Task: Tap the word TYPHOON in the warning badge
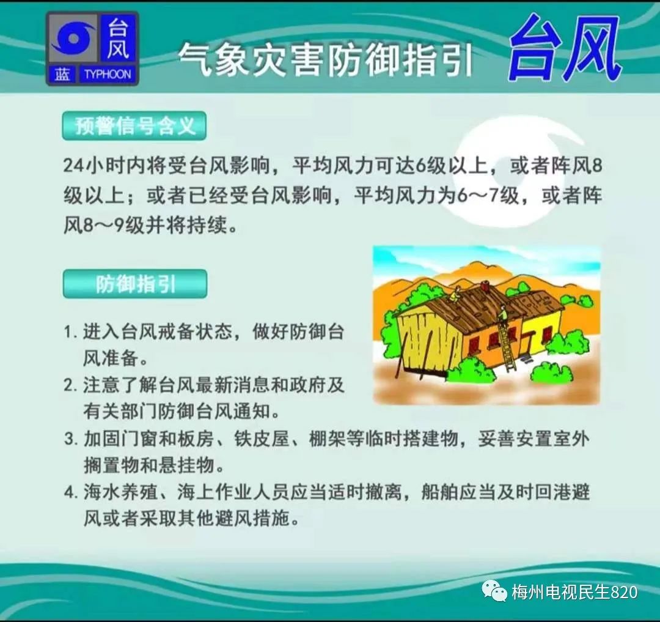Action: click(108, 75)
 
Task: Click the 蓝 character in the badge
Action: click(62, 75)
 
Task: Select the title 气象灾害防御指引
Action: click(325, 59)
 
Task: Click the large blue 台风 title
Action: click(565, 50)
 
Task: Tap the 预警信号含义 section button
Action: click(134, 125)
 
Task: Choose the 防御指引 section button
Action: click(134, 284)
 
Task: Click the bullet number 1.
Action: click(70, 332)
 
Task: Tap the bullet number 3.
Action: click(70, 439)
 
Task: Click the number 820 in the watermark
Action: click(624, 592)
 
